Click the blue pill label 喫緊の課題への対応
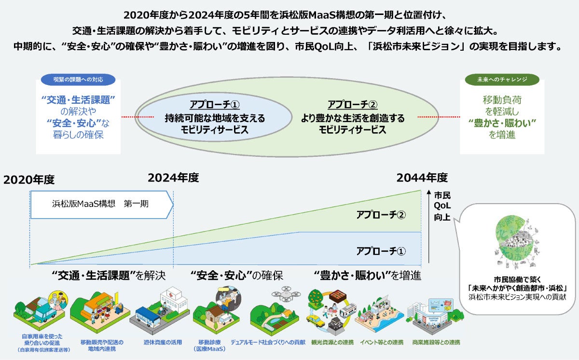click(78, 79)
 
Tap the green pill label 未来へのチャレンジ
click(501, 79)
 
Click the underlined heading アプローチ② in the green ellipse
click(352, 105)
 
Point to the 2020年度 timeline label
click(29, 180)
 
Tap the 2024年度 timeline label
click(173, 178)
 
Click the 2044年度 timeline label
click(422, 178)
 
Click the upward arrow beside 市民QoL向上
click(429, 227)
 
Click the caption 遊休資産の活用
click(162, 343)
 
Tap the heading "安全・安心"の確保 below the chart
click(236, 276)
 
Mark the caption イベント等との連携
click(381, 343)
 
